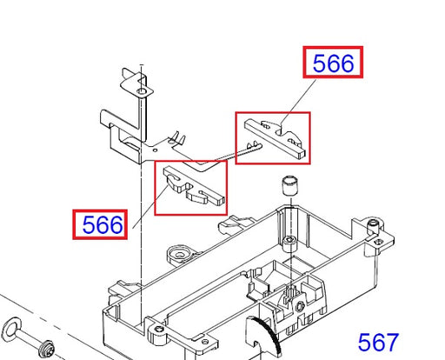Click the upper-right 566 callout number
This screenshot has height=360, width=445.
pos(333,63)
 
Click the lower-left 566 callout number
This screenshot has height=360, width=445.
pos(103,224)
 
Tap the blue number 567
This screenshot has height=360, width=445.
pos(378,343)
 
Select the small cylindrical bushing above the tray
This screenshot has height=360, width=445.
pos(289,185)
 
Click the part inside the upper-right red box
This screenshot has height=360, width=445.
pos(275,137)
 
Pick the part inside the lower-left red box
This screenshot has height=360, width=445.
pos(194,185)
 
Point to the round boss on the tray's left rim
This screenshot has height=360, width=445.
pos(180,255)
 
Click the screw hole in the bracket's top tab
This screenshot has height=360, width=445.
pos(141,91)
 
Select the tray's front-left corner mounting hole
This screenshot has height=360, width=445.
pos(158,330)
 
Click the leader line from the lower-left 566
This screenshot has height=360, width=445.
pos(150,207)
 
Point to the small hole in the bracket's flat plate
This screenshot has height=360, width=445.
pos(155,150)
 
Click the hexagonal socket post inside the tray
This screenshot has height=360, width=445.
pos(289,241)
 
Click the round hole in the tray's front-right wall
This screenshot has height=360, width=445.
pos(300,305)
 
